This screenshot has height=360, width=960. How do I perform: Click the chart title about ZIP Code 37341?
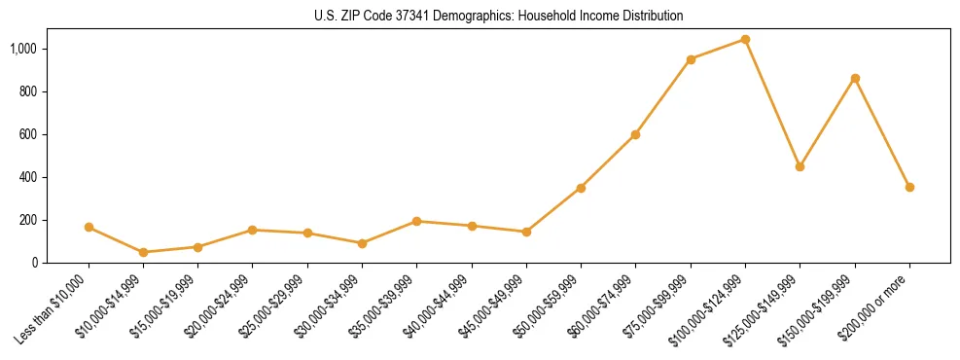tap(499, 17)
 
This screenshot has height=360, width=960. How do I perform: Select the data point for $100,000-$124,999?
tap(745, 40)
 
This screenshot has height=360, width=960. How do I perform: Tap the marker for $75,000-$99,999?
tap(691, 59)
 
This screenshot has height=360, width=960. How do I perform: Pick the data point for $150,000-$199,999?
tap(855, 78)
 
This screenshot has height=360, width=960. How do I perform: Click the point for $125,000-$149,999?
tap(800, 166)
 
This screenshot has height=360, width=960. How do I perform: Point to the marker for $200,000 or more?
tap(909, 187)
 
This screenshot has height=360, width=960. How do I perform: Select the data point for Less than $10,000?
tap(89, 227)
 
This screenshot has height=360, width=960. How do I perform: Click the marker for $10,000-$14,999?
tap(143, 252)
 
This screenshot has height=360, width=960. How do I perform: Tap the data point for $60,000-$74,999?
tap(635, 134)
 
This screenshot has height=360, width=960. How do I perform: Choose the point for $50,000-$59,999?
tap(581, 188)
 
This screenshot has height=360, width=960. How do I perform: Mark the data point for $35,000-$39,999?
tap(416, 221)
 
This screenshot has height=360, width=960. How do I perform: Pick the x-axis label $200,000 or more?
tap(875, 307)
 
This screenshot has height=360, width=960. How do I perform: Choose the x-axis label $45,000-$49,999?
tap(494, 306)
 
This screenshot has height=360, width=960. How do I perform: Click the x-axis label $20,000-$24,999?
tap(220, 306)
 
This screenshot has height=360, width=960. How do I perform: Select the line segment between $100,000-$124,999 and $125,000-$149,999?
tap(772, 103)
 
